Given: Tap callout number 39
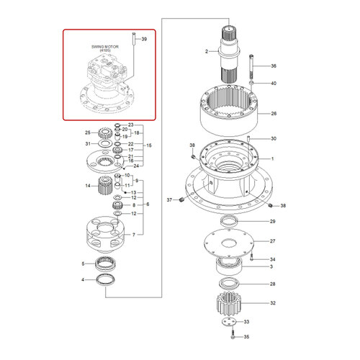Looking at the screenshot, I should (144, 38).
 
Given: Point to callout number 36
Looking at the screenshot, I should (273, 66).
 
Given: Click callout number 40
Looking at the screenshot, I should (273, 84).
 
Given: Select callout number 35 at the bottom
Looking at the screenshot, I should (246, 336).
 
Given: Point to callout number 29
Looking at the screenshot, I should (272, 221).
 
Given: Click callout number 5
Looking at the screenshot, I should (82, 264).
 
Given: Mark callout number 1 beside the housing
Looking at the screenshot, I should (272, 157).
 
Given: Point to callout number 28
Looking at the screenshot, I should (272, 284).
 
